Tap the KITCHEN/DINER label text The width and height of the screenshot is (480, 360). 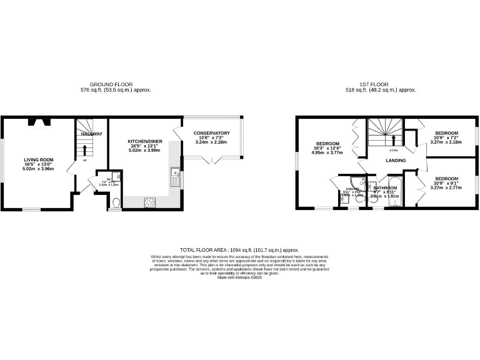[145, 142]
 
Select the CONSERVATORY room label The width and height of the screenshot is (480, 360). [211, 133]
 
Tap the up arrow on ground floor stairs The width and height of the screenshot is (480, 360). [85, 149]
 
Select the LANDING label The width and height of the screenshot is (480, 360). [396, 161]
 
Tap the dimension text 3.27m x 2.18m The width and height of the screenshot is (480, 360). [446, 142]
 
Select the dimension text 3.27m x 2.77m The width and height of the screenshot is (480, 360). [446, 187]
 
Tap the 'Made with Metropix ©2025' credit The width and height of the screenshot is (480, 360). [239, 277]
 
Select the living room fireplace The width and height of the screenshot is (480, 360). [39, 122]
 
